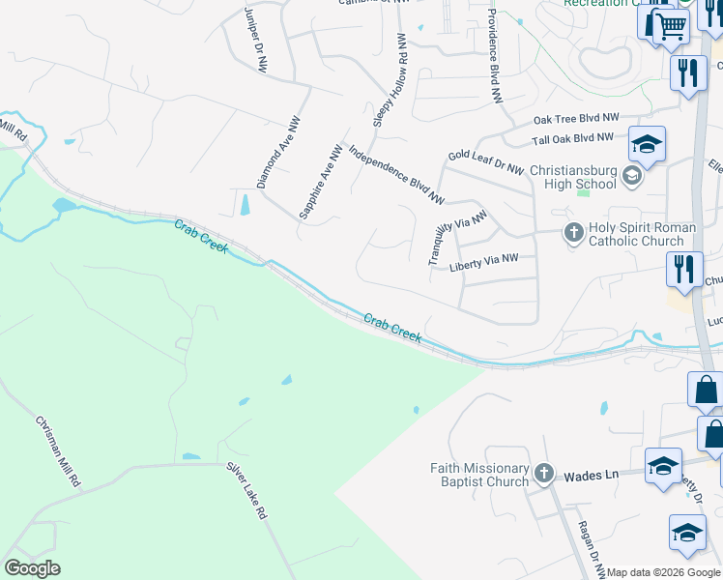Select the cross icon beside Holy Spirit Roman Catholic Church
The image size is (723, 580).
point(573,232)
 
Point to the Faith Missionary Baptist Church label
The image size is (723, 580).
point(480,475)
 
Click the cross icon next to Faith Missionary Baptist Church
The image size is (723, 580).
point(544,473)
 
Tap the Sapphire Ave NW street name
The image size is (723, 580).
point(321,182)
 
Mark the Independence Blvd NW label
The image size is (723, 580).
point(395,174)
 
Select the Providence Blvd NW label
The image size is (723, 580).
point(493,56)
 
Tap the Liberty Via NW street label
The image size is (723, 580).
point(484,261)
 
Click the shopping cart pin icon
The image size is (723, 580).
point(672,25)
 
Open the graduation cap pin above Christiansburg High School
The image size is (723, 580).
point(647,145)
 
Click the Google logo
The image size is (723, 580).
point(32,568)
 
